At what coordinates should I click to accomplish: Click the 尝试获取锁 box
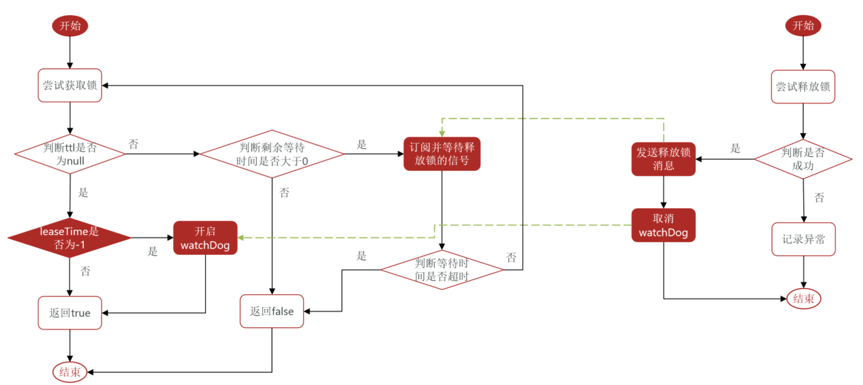70,85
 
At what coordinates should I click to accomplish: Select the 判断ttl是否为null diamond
70,154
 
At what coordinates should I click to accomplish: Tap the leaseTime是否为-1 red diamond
69,238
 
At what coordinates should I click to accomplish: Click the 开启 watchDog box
205,238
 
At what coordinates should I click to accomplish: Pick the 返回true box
70,313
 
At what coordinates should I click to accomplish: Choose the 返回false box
272,311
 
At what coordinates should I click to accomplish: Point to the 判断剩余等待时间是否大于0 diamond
272,154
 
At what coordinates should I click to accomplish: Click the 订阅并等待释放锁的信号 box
442,154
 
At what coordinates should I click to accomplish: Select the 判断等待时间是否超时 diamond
442,270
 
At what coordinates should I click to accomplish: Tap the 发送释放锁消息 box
663,159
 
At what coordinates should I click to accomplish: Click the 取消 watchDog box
663,226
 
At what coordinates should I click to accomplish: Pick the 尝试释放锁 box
803,87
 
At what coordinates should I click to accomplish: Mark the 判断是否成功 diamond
803,159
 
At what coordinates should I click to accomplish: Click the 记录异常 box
803,239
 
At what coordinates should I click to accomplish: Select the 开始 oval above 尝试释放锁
803,26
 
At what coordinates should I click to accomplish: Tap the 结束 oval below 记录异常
803,299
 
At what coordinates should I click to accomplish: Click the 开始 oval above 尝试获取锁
70,26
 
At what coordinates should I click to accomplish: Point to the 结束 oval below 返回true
70,372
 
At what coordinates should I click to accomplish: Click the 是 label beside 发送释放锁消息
736,148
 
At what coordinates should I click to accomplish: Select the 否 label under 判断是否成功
819,198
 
